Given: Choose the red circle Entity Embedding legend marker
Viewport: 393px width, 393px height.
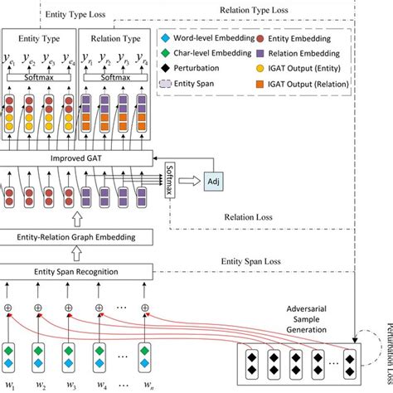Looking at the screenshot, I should pos(263,38).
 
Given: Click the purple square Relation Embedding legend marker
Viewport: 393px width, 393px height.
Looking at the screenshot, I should pos(263,54).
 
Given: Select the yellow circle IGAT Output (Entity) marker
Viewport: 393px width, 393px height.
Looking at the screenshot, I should pos(263,70).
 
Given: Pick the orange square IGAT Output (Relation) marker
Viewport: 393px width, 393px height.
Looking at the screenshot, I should pos(263,85).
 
